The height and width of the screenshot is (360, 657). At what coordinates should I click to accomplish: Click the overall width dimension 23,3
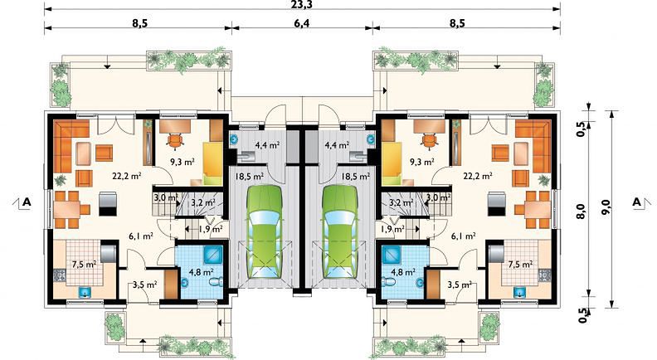(x=302, y=4)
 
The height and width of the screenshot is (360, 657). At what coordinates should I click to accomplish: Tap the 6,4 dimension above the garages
(x=301, y=23)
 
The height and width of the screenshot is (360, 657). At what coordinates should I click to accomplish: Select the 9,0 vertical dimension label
(x=606, y=208)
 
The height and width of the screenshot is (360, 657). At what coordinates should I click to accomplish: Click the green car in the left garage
(x=265, y=231)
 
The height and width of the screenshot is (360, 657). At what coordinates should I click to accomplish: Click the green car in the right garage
(x=340, y=231)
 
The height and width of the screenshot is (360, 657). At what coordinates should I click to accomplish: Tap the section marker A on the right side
(x=637, y=202)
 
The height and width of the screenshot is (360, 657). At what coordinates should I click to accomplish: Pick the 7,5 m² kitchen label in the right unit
(x=520, y=265)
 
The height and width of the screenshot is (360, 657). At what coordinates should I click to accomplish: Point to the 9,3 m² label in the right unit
(x=421, y=162)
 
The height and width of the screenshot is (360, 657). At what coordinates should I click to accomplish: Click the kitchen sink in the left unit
(x=85, y=291)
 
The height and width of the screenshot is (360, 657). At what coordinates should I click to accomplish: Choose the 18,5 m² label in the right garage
(x=356, y=177)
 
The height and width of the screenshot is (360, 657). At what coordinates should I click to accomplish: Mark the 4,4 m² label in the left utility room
(x=268, y=145)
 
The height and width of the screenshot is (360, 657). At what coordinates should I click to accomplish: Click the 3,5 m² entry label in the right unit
(x=460, y=285)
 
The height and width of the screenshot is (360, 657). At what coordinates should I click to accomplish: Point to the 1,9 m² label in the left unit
(x=211, y=229)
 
